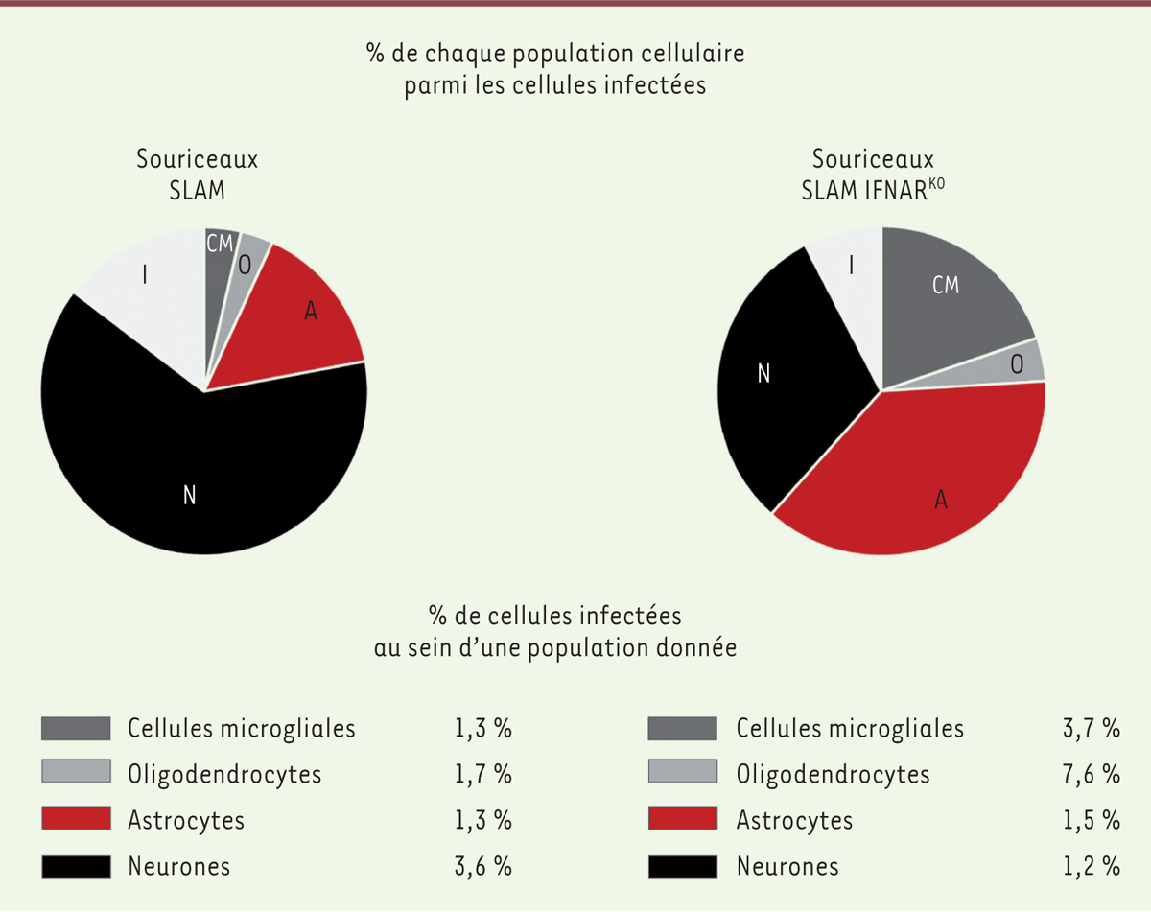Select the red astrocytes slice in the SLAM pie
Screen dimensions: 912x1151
[297, 316]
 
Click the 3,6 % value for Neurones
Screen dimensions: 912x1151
[483, 867]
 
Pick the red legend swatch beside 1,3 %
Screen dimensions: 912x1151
[76, 820]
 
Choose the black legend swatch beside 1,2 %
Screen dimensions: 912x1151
[682, 867]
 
